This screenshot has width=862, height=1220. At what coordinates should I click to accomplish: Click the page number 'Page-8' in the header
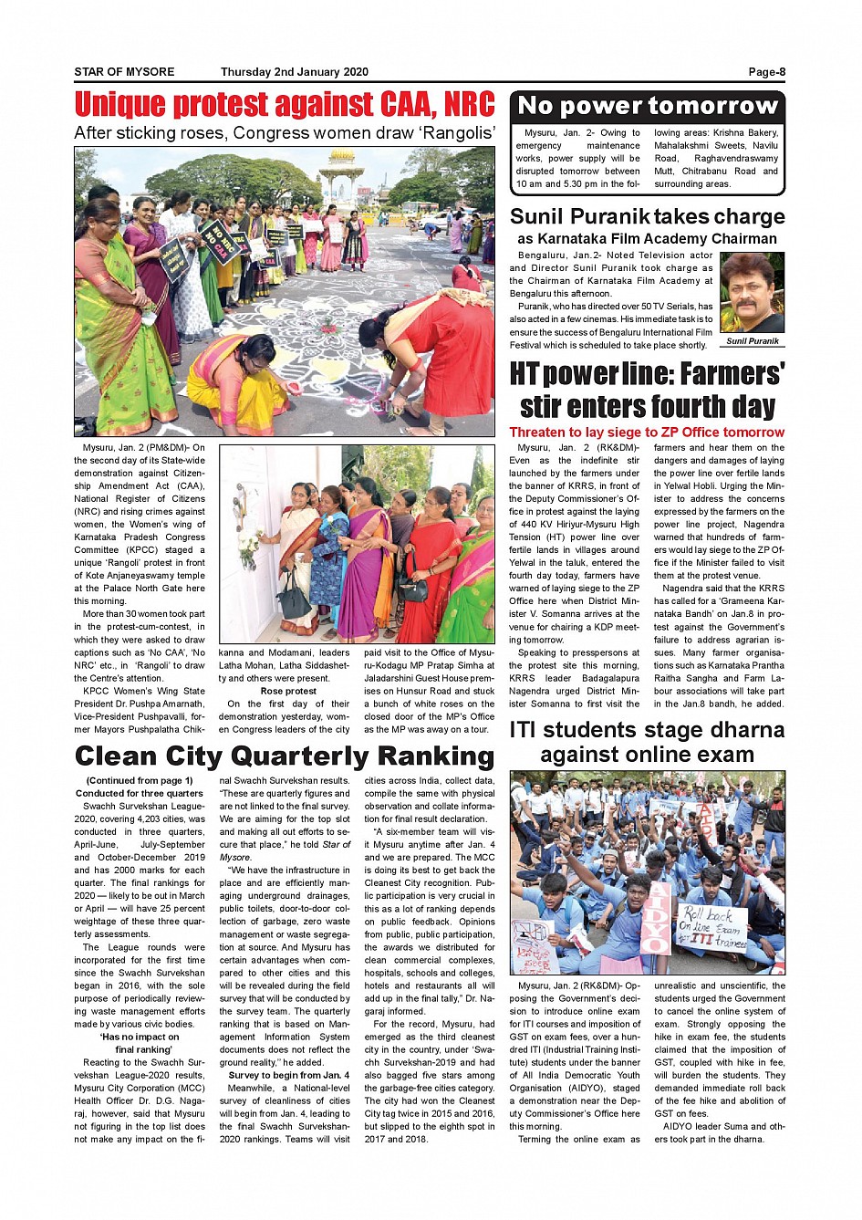coord(766,72)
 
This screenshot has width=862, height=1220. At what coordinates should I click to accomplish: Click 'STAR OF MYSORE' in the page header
coord(124,72)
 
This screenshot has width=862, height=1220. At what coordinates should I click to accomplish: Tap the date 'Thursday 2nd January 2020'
coord(294,72)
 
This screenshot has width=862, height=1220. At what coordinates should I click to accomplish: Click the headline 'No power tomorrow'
coord(647,106)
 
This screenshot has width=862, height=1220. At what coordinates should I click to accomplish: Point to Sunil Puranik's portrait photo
coord(752,293)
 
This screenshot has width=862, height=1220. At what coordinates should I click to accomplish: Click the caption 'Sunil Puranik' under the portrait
coord(753,341)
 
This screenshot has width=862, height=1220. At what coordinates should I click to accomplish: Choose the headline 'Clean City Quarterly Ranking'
coord(285,756)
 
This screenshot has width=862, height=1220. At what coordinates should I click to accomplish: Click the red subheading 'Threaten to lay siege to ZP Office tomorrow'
coord(647,433)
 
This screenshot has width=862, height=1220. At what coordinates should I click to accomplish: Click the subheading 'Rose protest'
coord(288,691)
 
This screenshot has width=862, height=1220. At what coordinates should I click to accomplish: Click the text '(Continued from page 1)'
coord(140,780)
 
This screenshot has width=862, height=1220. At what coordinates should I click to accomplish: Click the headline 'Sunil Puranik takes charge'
coord(647,216)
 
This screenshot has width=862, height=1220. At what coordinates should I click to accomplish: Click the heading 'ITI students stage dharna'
coord(647,730)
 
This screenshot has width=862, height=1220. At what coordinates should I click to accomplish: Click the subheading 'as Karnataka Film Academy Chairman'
coord(647,239)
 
